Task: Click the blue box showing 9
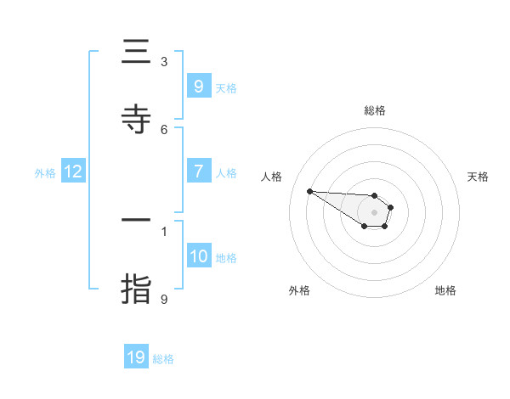(198, 86)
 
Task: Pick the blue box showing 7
(198, 171)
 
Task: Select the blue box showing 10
(198, 256)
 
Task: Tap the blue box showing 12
(73, 171)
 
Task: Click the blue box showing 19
(136, 357)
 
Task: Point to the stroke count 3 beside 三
(164, 61)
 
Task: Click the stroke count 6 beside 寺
(164, 129)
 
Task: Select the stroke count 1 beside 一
(164, 230)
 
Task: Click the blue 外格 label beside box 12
(45, 173)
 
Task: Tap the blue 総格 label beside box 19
(163, 359)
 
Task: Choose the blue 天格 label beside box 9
(225, 88)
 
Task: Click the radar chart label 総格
(375, 111)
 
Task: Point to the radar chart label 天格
(478, 177)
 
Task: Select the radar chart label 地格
(445, 290)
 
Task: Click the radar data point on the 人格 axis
(309, 191)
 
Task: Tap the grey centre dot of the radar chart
(374, 212)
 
